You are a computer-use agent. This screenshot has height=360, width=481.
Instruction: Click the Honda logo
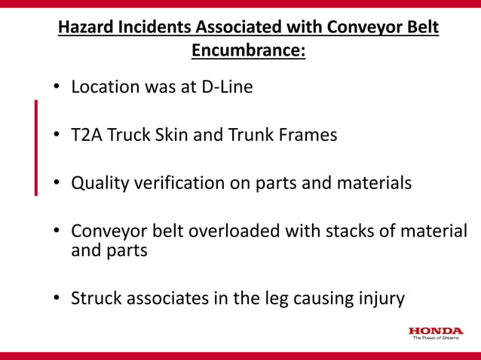click(436, 330)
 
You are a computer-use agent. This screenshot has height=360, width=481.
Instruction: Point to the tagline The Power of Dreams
click(437, 338)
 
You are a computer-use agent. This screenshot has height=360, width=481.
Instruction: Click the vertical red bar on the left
click(35, 147)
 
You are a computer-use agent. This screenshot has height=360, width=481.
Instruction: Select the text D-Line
click(227, 87)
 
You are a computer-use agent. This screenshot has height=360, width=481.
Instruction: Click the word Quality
click(99, 184)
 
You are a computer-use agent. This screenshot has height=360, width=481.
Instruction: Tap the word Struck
click(93, 298)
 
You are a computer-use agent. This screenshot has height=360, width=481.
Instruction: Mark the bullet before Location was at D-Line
click(57, 88)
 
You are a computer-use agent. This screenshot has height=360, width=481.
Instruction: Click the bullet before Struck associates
click(57, 299)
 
